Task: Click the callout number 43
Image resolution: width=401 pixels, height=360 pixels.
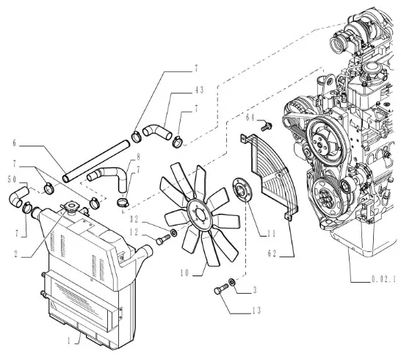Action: [198, 90]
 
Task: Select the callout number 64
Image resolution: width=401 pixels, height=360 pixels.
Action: [250, 118]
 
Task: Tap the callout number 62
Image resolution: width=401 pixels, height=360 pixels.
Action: [272, 253]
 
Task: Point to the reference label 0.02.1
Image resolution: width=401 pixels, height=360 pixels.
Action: [383, 279]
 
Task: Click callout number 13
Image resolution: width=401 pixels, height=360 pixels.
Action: [256, 310]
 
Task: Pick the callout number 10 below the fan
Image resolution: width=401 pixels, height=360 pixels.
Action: [184, 273]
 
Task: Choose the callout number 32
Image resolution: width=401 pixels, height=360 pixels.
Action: [134, 219]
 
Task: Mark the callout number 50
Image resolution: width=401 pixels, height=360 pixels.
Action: [12, 180]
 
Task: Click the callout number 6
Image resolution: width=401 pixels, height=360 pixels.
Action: [15, 143]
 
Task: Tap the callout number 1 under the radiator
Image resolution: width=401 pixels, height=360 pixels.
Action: [69, 341]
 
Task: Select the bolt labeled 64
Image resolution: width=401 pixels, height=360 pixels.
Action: [267, 126]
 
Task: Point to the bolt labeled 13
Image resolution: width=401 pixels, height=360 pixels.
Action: [221, 289]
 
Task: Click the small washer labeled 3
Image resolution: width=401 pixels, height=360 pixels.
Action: [233, 282]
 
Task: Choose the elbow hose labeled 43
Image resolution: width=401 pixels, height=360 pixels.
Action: [157, 132]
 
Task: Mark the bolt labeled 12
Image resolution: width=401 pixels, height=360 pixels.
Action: [163, 240]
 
